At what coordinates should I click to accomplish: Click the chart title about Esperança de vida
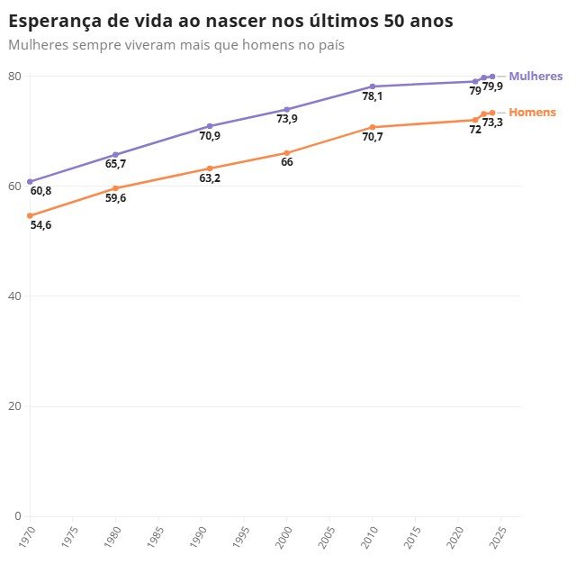click(x=230, y=20)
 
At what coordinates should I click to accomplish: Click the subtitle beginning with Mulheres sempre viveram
click(x=176, y=43)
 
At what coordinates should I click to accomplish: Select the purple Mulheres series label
click(x=535, y=77)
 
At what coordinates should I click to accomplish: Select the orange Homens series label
click(x=532, y=113)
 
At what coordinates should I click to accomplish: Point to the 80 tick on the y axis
click(x=14, y=76)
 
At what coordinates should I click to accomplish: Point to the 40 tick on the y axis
click(x=14, y=296)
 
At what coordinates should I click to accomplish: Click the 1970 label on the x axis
click(x=30, y=535)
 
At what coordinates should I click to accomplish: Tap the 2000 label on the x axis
click(x=286, y=535)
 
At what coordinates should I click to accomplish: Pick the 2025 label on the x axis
click(x=500, y=535)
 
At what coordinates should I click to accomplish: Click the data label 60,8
click(x=40, y=191)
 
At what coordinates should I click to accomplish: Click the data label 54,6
click(x=40, y=225)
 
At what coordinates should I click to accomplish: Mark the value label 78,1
click(x=372, y=96)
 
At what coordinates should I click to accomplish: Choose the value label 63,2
click(x=210, y=178)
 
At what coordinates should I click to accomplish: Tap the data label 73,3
click(x=492, y=123)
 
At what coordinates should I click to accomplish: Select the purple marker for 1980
click(x=115, y=155)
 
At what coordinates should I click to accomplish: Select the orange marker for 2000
click(x=286, y=153)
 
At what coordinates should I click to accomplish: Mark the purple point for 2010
click(x=372, y=86)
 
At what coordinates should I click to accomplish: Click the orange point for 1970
click(x=30, y=215)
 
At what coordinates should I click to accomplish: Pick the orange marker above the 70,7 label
click(x=372, y=127)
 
